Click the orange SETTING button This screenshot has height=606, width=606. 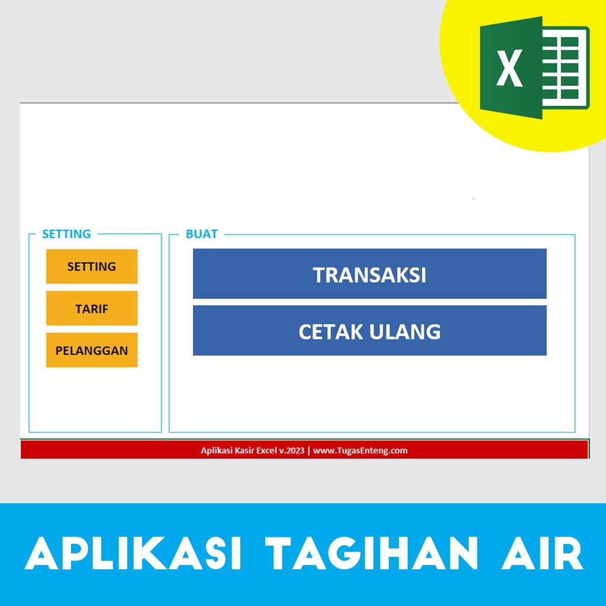[92, 266]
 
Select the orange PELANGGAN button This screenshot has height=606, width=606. [92, 350]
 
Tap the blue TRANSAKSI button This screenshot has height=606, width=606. [369, 274]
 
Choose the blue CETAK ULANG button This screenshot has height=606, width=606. [369, 331]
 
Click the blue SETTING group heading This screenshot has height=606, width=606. [66, 234]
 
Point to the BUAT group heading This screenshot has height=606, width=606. [202, 234]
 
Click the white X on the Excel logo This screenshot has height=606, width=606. [509, 69]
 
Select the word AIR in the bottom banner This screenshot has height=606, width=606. [540, 555]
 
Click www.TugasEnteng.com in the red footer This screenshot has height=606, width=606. [360, 450]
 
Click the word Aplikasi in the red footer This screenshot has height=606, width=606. [215, 450]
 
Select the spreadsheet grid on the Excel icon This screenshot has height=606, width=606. [565, 69]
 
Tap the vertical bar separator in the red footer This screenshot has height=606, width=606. [308, 450]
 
